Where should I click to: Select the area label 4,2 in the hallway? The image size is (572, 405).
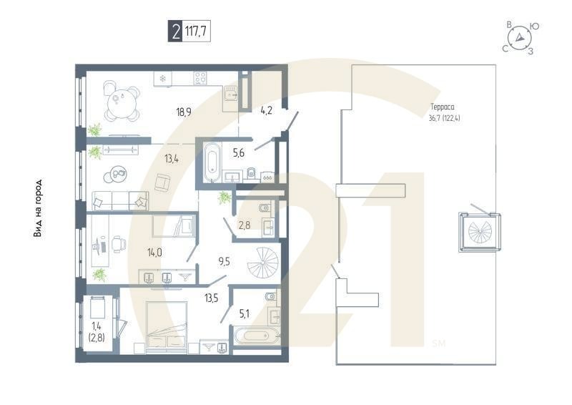click(x=267, y=110)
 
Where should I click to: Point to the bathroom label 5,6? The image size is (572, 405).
click(x=240, y=152)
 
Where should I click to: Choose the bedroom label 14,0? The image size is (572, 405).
click(x=155, y=252)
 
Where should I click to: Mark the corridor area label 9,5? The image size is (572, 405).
click(x=224, y=261)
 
